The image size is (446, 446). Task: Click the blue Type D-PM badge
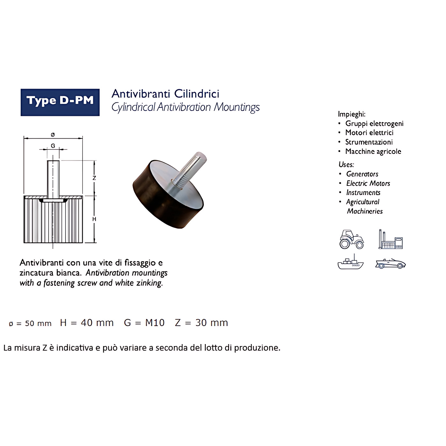tap(60, 102)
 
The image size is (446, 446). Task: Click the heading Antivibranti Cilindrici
tap(165, 94)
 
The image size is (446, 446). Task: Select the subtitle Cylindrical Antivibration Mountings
tap(185, 107)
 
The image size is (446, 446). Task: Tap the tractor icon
tap(352, 239)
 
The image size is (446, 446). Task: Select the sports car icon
tap(391, 264)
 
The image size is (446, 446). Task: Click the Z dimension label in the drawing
tap(94, 178)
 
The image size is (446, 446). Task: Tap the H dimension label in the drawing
tap(94, 219)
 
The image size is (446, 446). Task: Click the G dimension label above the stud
tap(53, 146)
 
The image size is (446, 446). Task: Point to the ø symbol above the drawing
tap(53, 134)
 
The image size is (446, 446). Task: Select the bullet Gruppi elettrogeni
tap(374, 124)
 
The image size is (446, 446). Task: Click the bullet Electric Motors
tap(368, 183)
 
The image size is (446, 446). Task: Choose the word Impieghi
tap(352, 114)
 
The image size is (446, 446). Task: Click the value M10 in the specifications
tap(155, 323)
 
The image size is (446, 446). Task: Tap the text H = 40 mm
tap(87, 323)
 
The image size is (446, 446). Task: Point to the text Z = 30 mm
tap(201, 323)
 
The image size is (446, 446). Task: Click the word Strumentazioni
tap(369, 142)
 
